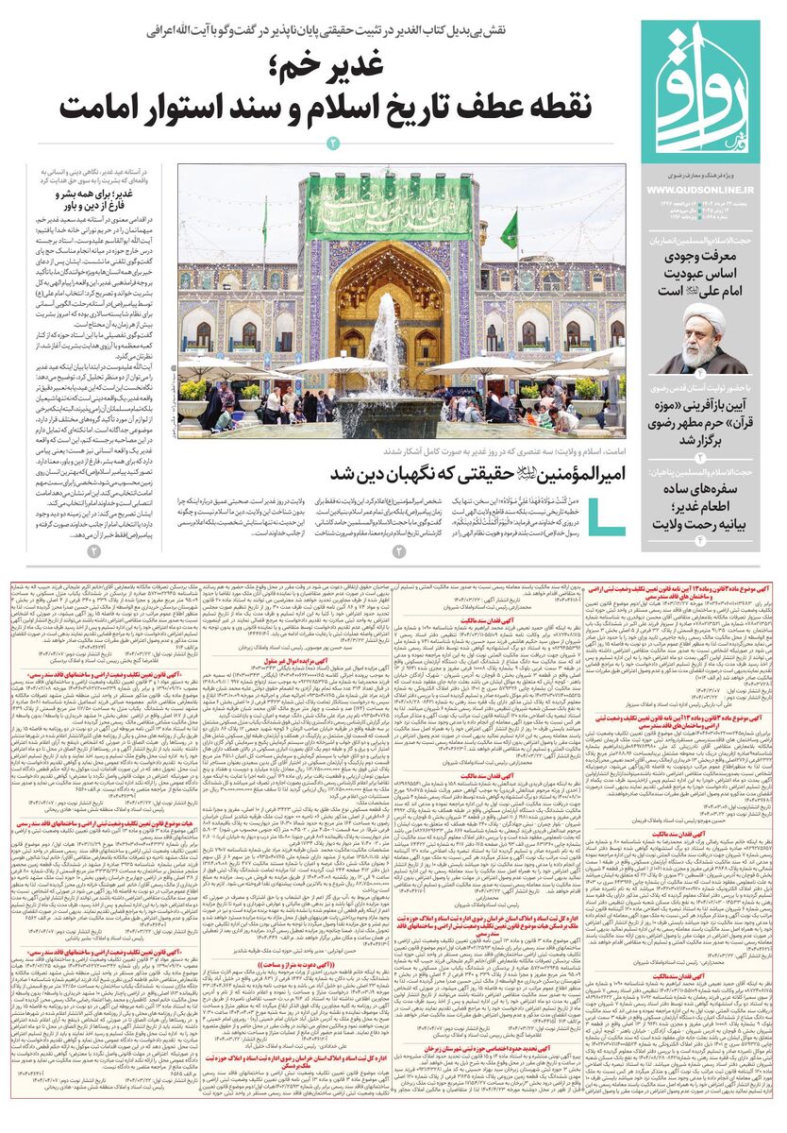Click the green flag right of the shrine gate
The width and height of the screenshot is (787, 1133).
tap(510, 230)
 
